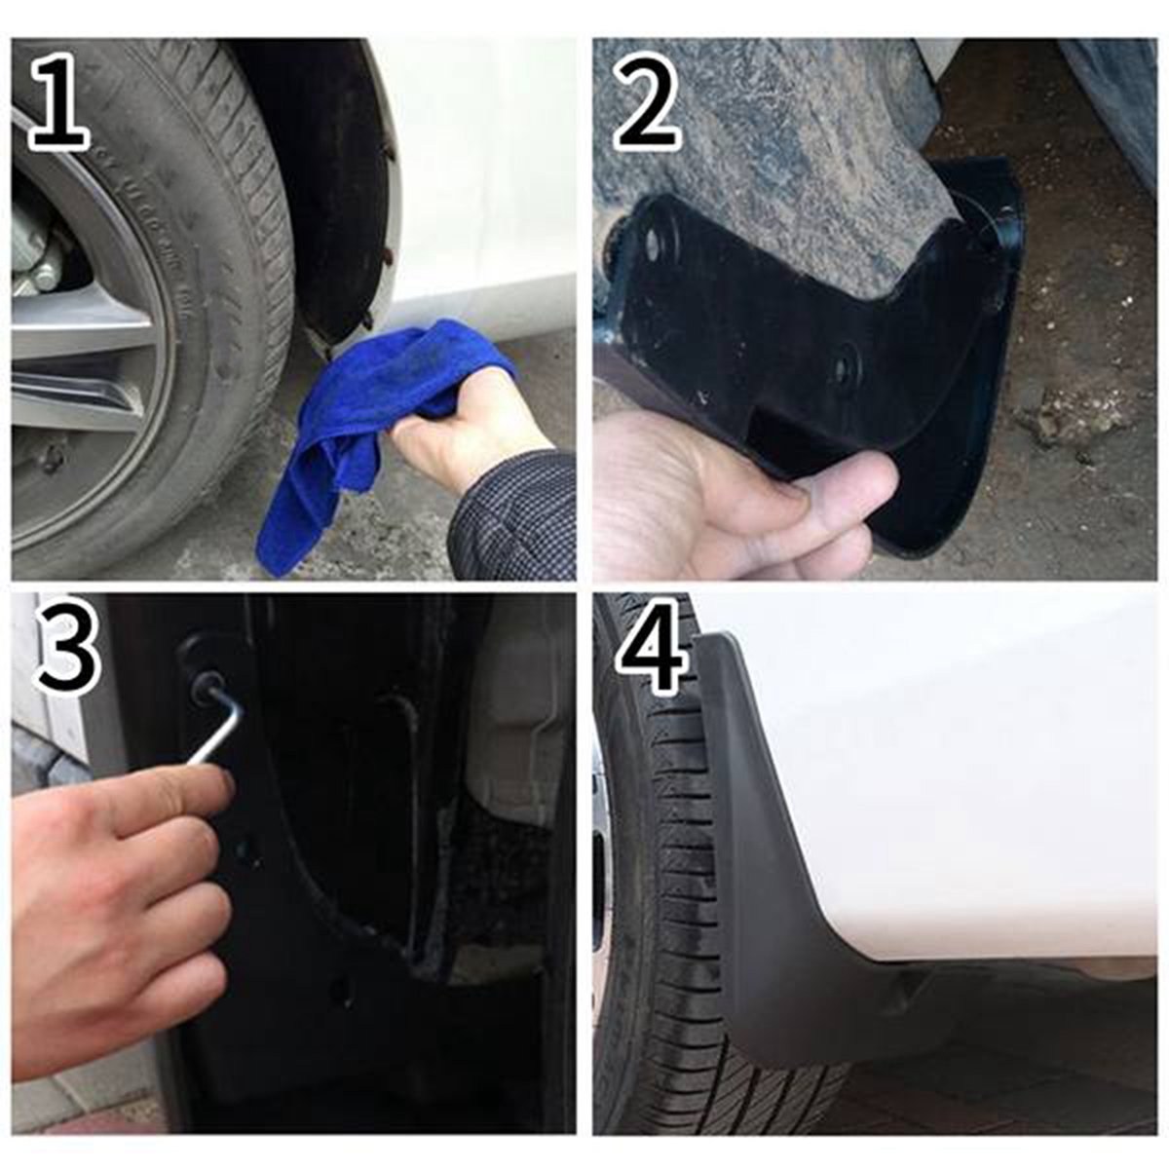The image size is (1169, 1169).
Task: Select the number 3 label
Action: (x=68, y=648)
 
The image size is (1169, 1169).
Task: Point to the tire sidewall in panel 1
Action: (x=195, y=244)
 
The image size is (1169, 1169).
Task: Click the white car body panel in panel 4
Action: (x=955, y=779)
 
